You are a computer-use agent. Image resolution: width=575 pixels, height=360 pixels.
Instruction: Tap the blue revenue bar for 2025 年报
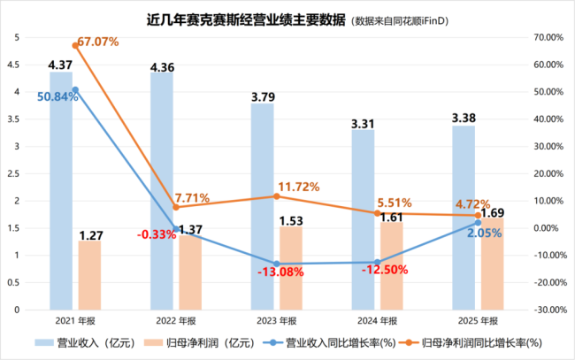[464, 221]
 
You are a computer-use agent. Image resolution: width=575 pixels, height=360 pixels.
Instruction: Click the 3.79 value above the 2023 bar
[263, 96]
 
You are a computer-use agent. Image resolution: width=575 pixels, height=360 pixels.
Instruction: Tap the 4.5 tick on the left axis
[17, 65]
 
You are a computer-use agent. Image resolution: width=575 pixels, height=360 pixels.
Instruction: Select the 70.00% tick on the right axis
[548, 37]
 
